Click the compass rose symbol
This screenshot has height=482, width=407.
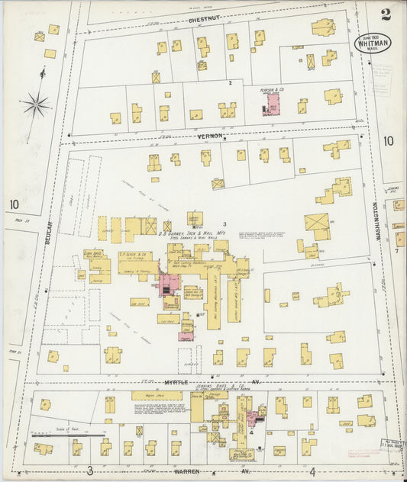tap(35, 104)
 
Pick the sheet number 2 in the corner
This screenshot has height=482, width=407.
tap(386, 13)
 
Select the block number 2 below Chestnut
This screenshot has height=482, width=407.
tap(229, 82)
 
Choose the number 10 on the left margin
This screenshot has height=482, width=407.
tap(13, 204)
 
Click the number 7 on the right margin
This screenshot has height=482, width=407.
tap(396, 250)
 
